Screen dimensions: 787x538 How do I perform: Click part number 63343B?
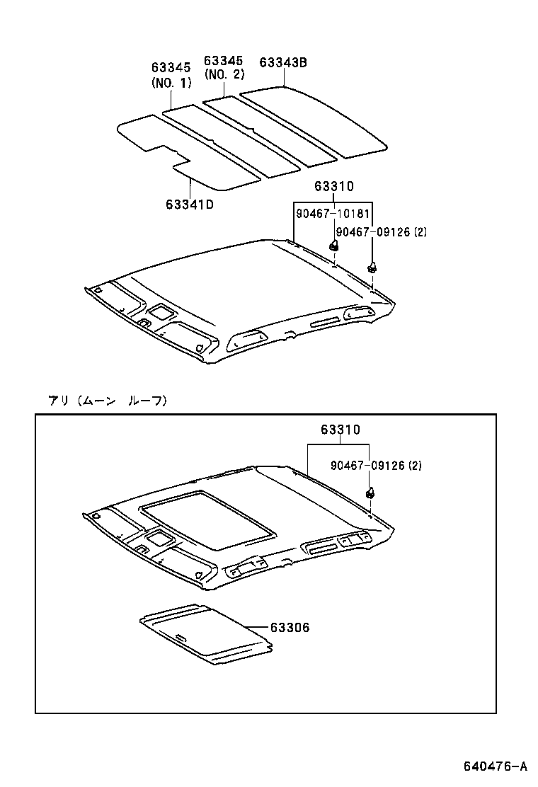[283, 62]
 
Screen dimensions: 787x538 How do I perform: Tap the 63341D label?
[190, 204]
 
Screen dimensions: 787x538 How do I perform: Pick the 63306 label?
[290, 627]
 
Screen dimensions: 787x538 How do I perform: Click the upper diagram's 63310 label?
[333, 187]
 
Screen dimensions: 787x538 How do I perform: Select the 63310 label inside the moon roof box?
[339, 429]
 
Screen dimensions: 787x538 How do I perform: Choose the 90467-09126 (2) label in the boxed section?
[376, 465]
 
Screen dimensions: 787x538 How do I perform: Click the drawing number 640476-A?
[496, 766]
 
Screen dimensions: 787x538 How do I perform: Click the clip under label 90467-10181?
[333, 246]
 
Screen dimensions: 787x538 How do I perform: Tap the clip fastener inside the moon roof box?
[370, 492]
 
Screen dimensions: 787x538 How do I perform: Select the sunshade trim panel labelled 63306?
[205, 633]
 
